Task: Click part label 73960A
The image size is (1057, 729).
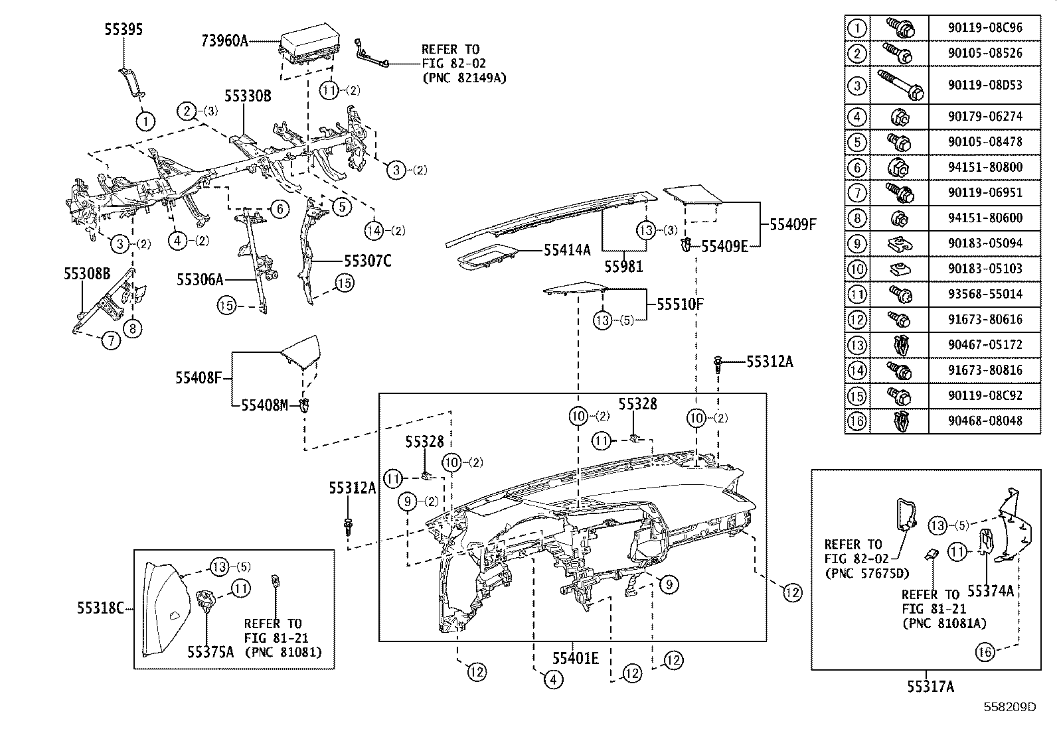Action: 224,41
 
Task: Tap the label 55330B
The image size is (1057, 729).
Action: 247,96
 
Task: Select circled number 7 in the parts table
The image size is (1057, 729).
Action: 857,193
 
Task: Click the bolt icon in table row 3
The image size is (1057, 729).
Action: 898,85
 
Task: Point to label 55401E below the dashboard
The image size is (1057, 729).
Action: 576,658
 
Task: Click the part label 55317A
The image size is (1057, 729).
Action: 931,687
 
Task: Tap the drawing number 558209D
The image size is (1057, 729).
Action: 1010,708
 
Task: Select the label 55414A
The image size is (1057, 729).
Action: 567,249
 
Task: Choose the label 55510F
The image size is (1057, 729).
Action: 680,304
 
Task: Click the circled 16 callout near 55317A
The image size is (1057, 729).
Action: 985,652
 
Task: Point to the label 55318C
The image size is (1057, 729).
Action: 100,608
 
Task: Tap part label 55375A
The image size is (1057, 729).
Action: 210,652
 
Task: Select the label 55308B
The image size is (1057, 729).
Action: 87,273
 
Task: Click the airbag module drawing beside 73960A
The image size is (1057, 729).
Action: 306,46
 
